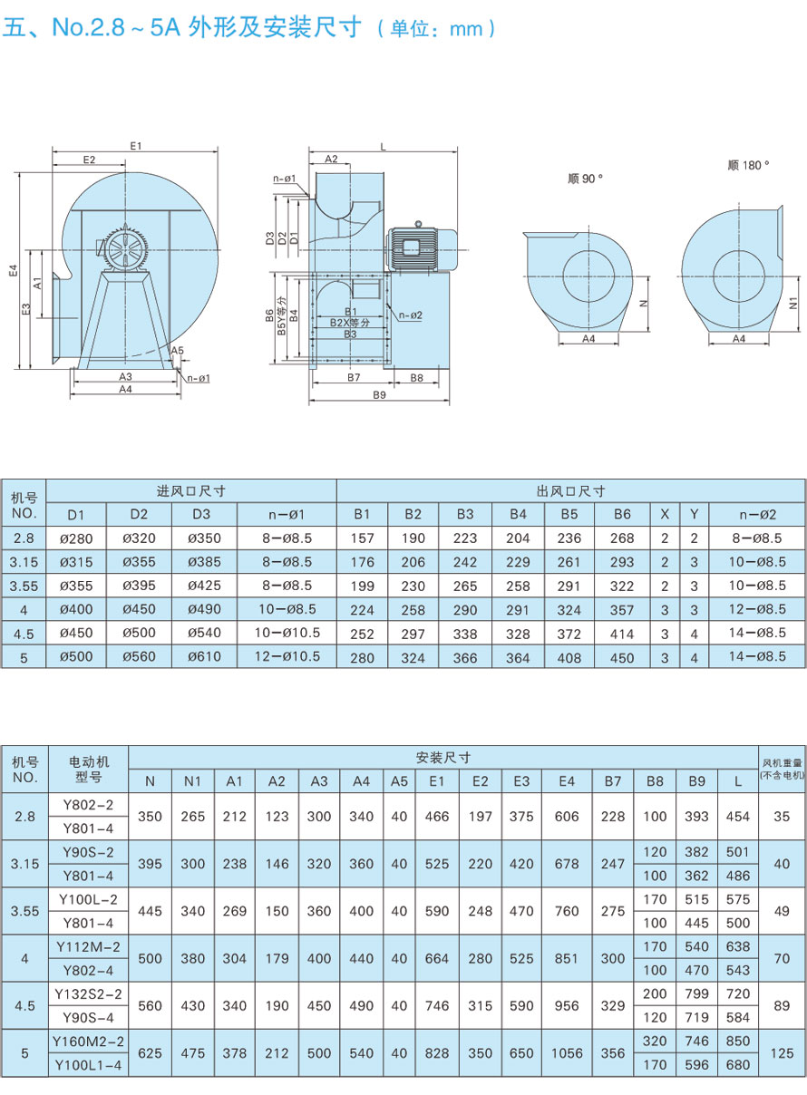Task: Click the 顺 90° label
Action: click(x=585, y=179)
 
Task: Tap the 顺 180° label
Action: click(x=747, y=165)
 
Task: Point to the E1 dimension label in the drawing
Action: click(x=136, y=145)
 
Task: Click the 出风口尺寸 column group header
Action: click(x=570, y=490)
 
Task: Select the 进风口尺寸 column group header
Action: click(x=190, y=490)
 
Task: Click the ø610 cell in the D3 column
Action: click(x=204, y=656)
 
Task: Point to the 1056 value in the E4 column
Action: click(x=567, y=1052)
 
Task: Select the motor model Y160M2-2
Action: click(x=88, y=1041)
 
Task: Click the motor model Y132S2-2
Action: click(x=88, y=993)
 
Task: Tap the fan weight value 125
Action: click(x=782, y=1052)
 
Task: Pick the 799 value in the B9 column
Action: click(x=696, y=993)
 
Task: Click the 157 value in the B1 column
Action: click(x=362, y=538)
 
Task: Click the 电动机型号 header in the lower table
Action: click(x=88, y=769)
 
